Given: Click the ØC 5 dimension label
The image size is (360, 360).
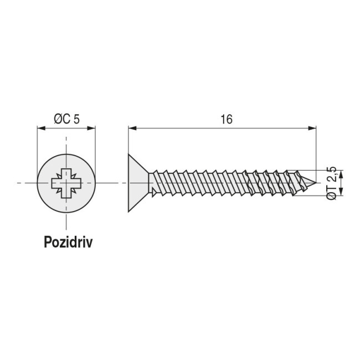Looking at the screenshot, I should pos(66,119).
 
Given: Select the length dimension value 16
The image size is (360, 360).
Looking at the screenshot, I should pos(225,119).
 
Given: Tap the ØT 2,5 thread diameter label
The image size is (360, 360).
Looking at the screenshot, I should pos(331,182).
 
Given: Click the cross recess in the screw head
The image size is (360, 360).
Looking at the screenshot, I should pos(66,182).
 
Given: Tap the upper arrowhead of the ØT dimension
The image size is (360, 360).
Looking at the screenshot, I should pos(341,172).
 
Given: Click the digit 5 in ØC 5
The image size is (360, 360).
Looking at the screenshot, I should pos(77,119).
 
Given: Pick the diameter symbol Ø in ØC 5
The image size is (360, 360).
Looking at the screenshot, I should pos(58,119).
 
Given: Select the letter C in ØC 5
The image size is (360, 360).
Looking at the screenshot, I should pos(66,119).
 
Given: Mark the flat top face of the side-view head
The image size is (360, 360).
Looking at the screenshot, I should pos(129,182).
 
